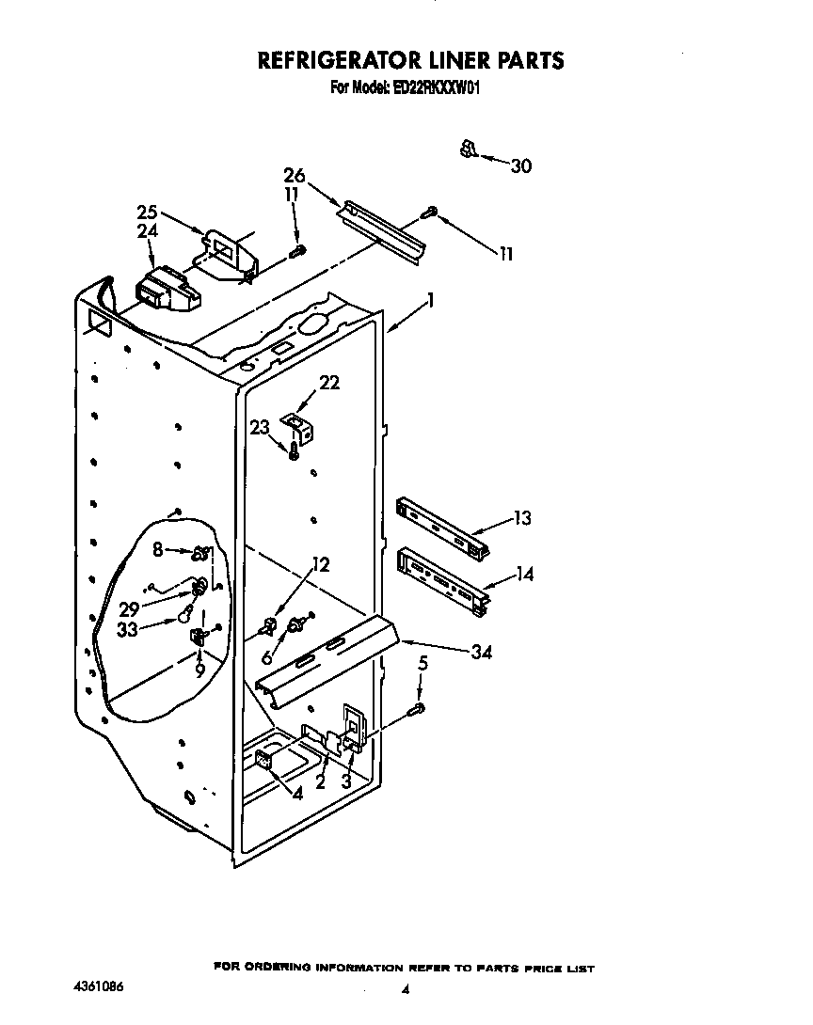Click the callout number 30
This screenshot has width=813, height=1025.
[520, 166]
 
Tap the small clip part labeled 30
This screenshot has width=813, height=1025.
[468, 149]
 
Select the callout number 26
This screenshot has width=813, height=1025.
[294, 175]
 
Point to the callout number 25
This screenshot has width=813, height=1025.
[147, 213]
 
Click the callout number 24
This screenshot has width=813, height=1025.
[147, 230]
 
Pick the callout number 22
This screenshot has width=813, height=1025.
[329, 382]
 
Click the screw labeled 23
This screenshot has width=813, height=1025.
[295, 452]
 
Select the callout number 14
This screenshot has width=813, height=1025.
[523, 574]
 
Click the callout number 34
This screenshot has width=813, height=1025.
[481, 651]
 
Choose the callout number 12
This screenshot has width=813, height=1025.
[321, 565]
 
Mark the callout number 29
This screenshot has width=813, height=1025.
[129, 609]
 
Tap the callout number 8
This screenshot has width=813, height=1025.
[158, 547]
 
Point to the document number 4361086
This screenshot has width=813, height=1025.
[99, 987]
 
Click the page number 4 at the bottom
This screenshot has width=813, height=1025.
[406, 989]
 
